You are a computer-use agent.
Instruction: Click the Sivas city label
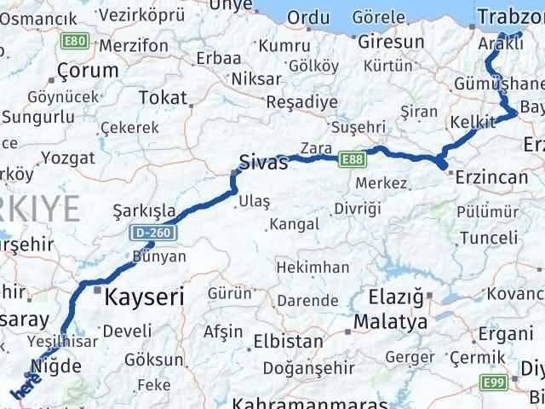point(263,163)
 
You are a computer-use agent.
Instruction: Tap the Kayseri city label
point(144,297)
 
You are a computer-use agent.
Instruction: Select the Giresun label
point(391,42)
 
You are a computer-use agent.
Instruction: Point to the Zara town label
point(315,148)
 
